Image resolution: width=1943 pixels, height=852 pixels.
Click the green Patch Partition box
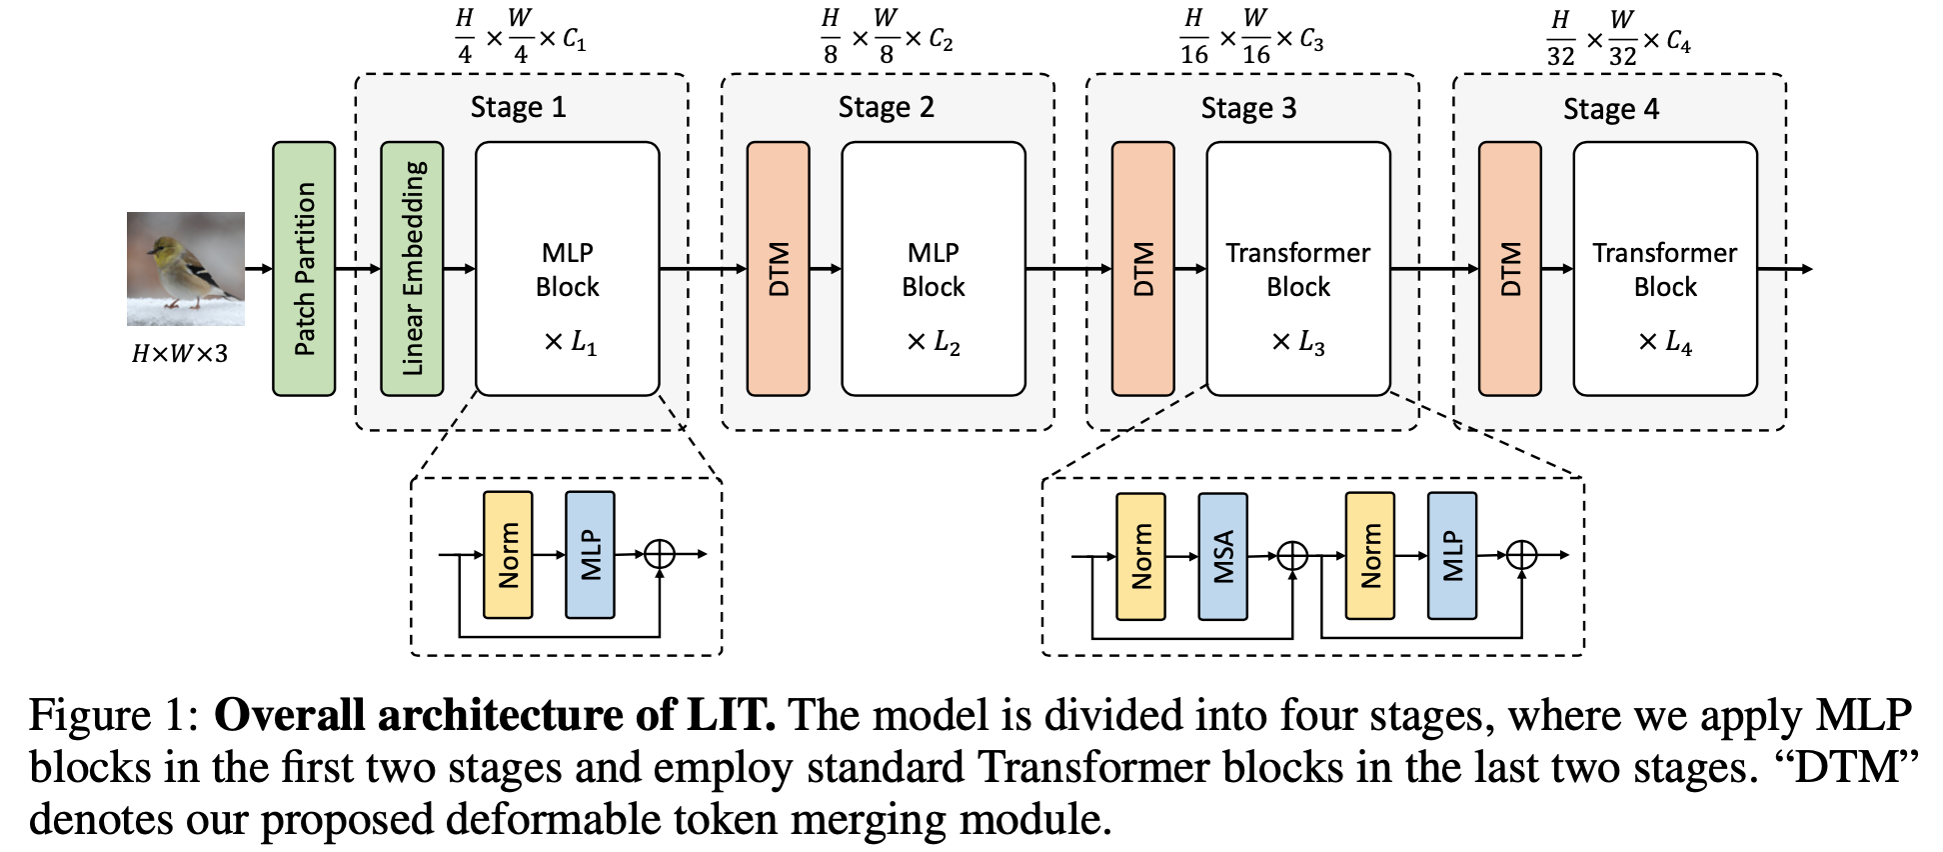(x=304, y=269)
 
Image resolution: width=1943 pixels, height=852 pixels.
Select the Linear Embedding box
(x=412, y=269)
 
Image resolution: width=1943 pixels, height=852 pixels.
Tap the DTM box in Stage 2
(x=779, y=269)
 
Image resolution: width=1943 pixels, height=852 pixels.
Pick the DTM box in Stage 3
(x=1143, y=269)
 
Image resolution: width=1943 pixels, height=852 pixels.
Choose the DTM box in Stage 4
(x=1510, y=269)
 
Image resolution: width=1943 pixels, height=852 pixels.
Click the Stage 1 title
(x=519, y=107)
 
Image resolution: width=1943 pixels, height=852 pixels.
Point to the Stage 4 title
(x=1611, y=108)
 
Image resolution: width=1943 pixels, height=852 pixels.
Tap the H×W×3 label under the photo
(x=180, y=353)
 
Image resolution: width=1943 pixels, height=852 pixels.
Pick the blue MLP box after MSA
(x=1452, y=556)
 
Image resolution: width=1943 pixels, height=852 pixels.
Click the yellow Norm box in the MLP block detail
(x=508, y=555)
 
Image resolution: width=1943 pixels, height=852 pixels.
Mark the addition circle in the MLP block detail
(x=660, y=554)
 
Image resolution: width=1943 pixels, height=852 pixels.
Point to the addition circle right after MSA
(x=1292, y=555)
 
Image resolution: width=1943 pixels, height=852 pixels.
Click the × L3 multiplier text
(x=1298, y=343)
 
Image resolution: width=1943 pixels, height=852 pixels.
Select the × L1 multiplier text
(x=571, y=343)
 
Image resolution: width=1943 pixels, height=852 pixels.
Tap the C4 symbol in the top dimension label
(x=1678, y=42)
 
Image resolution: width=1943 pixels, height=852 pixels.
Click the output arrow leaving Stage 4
(x=1785, y=269)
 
